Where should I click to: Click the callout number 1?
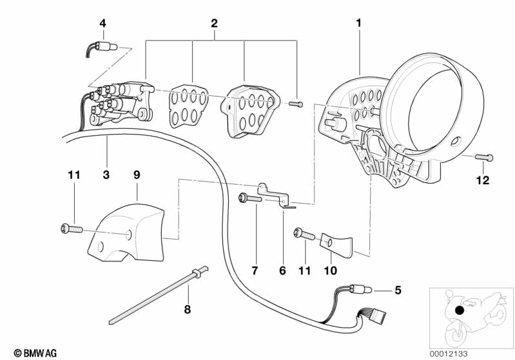coord(359,23)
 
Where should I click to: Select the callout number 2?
coord(215,23)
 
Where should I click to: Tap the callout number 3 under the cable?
coord(106,174)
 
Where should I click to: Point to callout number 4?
coord(102,24)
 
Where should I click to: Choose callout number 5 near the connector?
coord(398,290)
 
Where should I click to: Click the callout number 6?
coord(282,270)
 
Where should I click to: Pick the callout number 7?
coord(254,270)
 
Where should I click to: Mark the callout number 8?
coord(188,308)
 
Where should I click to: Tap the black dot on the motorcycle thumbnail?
coord(458,311)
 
